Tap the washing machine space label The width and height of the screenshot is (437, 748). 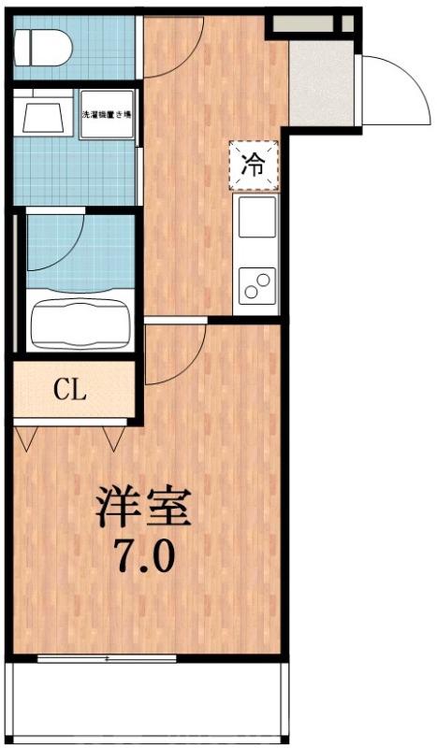(x=105, y=113)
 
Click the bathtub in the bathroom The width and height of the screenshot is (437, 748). (x=80, y=323)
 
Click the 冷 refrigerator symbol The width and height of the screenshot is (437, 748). (x=254, y=165)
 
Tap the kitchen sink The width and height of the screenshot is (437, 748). (x=256, y=217)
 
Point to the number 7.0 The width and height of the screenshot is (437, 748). (x=145, y=558)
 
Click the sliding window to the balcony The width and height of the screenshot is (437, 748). (x=107, y=658)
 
